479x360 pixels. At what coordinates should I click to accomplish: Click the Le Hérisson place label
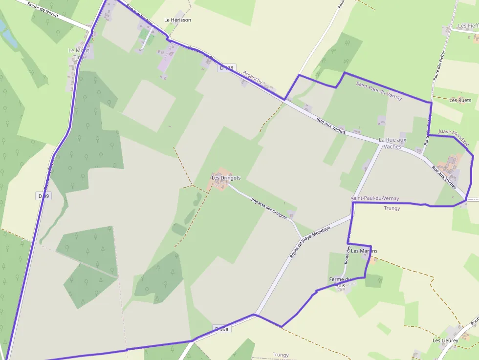pos(177,20)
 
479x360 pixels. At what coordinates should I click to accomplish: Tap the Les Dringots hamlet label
pos(226,178)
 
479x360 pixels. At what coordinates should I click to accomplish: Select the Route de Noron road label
pos(43,9)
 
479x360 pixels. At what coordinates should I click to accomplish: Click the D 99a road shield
pos(222,329)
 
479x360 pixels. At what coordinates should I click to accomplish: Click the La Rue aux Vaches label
pos(392,143)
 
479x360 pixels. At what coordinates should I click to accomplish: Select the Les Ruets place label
pos(460,100)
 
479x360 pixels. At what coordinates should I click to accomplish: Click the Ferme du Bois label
pos(341,282)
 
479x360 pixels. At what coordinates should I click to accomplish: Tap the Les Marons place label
pos(364,251)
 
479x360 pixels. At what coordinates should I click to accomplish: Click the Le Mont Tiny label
pos(79,54)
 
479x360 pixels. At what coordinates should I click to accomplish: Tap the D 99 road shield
pos(44,196)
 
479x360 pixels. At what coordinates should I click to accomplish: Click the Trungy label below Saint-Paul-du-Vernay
pos(392,208)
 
